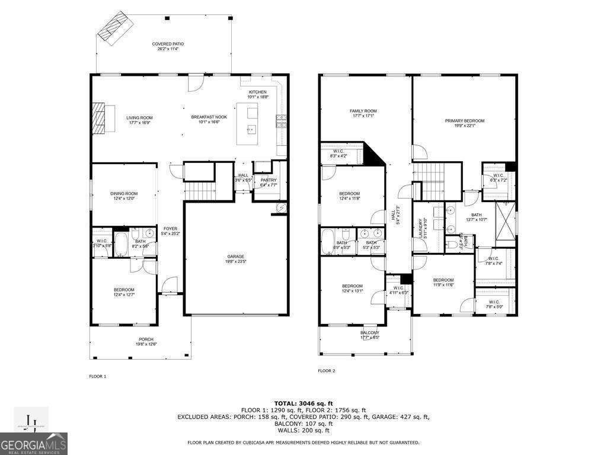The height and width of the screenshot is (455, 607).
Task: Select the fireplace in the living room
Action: click(x=99, y=118)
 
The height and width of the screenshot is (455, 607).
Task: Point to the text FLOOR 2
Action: click(x=327, y=371)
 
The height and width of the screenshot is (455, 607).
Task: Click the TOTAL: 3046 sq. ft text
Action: click(x=303, y=403)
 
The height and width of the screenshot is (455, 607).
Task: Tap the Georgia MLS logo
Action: click(x=34, y=443)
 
